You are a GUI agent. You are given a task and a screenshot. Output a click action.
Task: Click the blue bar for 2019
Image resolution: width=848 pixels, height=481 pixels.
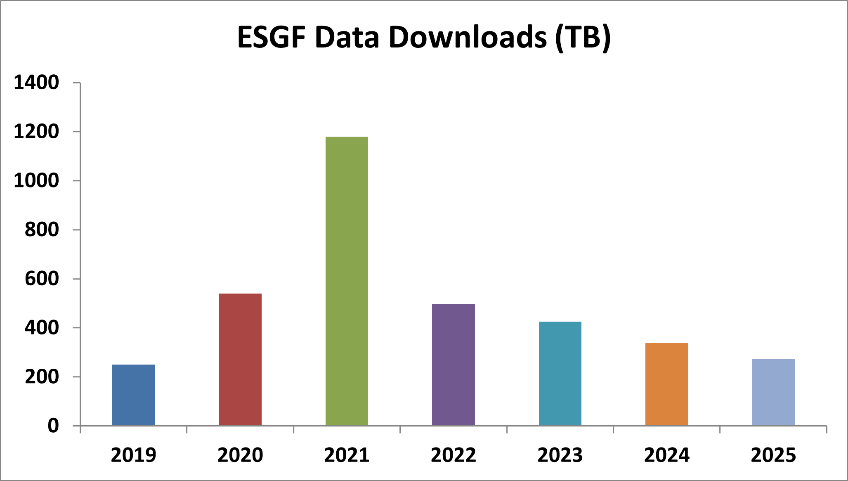click(133, 395)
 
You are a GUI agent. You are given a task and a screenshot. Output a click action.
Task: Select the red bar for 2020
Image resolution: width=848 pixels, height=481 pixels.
click(240, 359)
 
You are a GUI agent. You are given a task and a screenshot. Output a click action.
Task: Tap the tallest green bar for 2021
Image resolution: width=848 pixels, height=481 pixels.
click(347, 281)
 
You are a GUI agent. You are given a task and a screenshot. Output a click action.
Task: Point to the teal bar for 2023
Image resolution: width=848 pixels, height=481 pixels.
click(560, 373)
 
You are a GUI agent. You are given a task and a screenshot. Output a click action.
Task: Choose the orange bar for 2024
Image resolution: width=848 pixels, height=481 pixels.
click(666, 384)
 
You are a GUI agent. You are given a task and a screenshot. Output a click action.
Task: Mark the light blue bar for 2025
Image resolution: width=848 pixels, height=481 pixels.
click(773, 392)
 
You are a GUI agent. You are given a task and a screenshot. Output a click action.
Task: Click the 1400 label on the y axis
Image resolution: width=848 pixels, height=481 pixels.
click(36, 83)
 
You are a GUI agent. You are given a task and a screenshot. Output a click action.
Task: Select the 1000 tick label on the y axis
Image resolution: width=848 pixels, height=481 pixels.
click(36, 181)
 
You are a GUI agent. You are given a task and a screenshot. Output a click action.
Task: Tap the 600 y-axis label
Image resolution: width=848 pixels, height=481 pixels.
click(42, 279)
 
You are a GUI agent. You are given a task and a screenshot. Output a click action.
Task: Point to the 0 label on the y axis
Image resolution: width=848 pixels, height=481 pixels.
click(53, 426)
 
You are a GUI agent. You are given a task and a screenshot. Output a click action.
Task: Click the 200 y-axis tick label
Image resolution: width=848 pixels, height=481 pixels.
click(42, 377)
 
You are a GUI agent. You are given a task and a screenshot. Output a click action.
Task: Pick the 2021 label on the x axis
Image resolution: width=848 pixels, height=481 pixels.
click(347, 455)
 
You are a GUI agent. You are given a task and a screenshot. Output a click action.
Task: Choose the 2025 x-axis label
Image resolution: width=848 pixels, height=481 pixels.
click(773, 455)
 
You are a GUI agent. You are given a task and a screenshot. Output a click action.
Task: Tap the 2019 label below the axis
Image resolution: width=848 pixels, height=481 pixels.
click(133, 455)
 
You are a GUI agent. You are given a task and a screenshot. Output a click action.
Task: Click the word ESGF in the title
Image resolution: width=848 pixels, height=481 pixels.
click(271, 37)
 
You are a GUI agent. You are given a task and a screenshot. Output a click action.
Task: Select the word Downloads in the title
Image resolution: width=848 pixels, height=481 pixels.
click(468, 37)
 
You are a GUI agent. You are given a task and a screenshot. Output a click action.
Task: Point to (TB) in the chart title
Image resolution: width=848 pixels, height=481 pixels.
click(583, 37)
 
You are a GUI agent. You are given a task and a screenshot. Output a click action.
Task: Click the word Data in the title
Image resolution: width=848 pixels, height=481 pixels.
click(347, 37)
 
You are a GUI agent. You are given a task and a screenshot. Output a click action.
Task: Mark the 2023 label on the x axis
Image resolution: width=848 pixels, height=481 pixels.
click(560, 455)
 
